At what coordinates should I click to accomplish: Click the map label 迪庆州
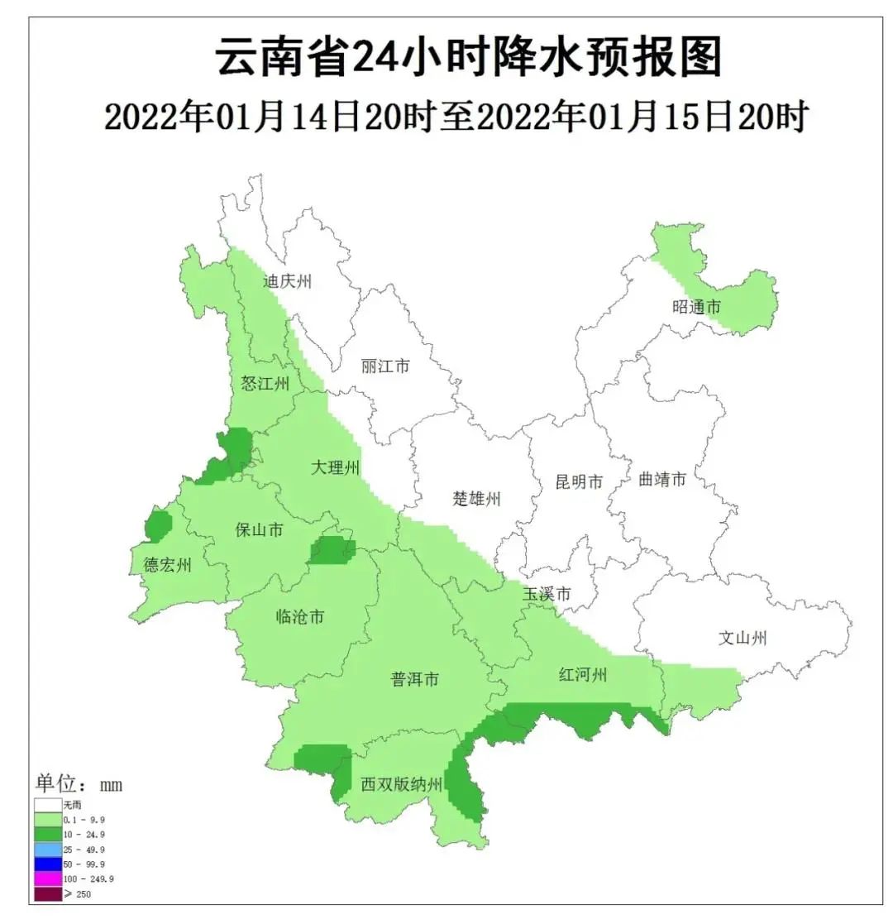click(288, 281)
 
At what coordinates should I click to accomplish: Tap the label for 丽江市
click(385, 366)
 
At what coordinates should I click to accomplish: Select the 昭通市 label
click(696, 307)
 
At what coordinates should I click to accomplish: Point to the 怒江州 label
click(265, 383)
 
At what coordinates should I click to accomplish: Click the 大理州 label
click(336, 467)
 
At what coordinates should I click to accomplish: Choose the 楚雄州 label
click(477, 499)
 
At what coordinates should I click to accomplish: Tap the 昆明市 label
click(579, 481)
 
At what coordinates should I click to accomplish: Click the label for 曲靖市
click(662, 479)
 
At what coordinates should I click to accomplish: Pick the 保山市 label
click(260, 529)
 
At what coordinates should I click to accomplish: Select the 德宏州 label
click(168, 565)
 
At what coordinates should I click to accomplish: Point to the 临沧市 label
click(299, 616)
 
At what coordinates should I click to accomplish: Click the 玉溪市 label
click(547, 594)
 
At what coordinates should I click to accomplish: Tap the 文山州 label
click(743, 638)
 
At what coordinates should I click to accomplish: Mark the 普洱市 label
click(415, 680)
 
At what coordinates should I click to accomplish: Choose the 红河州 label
click(583, 675)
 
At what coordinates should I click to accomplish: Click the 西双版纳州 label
click(403, 784)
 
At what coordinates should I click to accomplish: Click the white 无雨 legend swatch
click(48, 804)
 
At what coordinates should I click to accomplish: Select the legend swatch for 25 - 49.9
click(48, 850)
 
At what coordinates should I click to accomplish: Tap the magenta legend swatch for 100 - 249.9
click(48, 878)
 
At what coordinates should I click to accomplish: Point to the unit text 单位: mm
click(79, 783)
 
